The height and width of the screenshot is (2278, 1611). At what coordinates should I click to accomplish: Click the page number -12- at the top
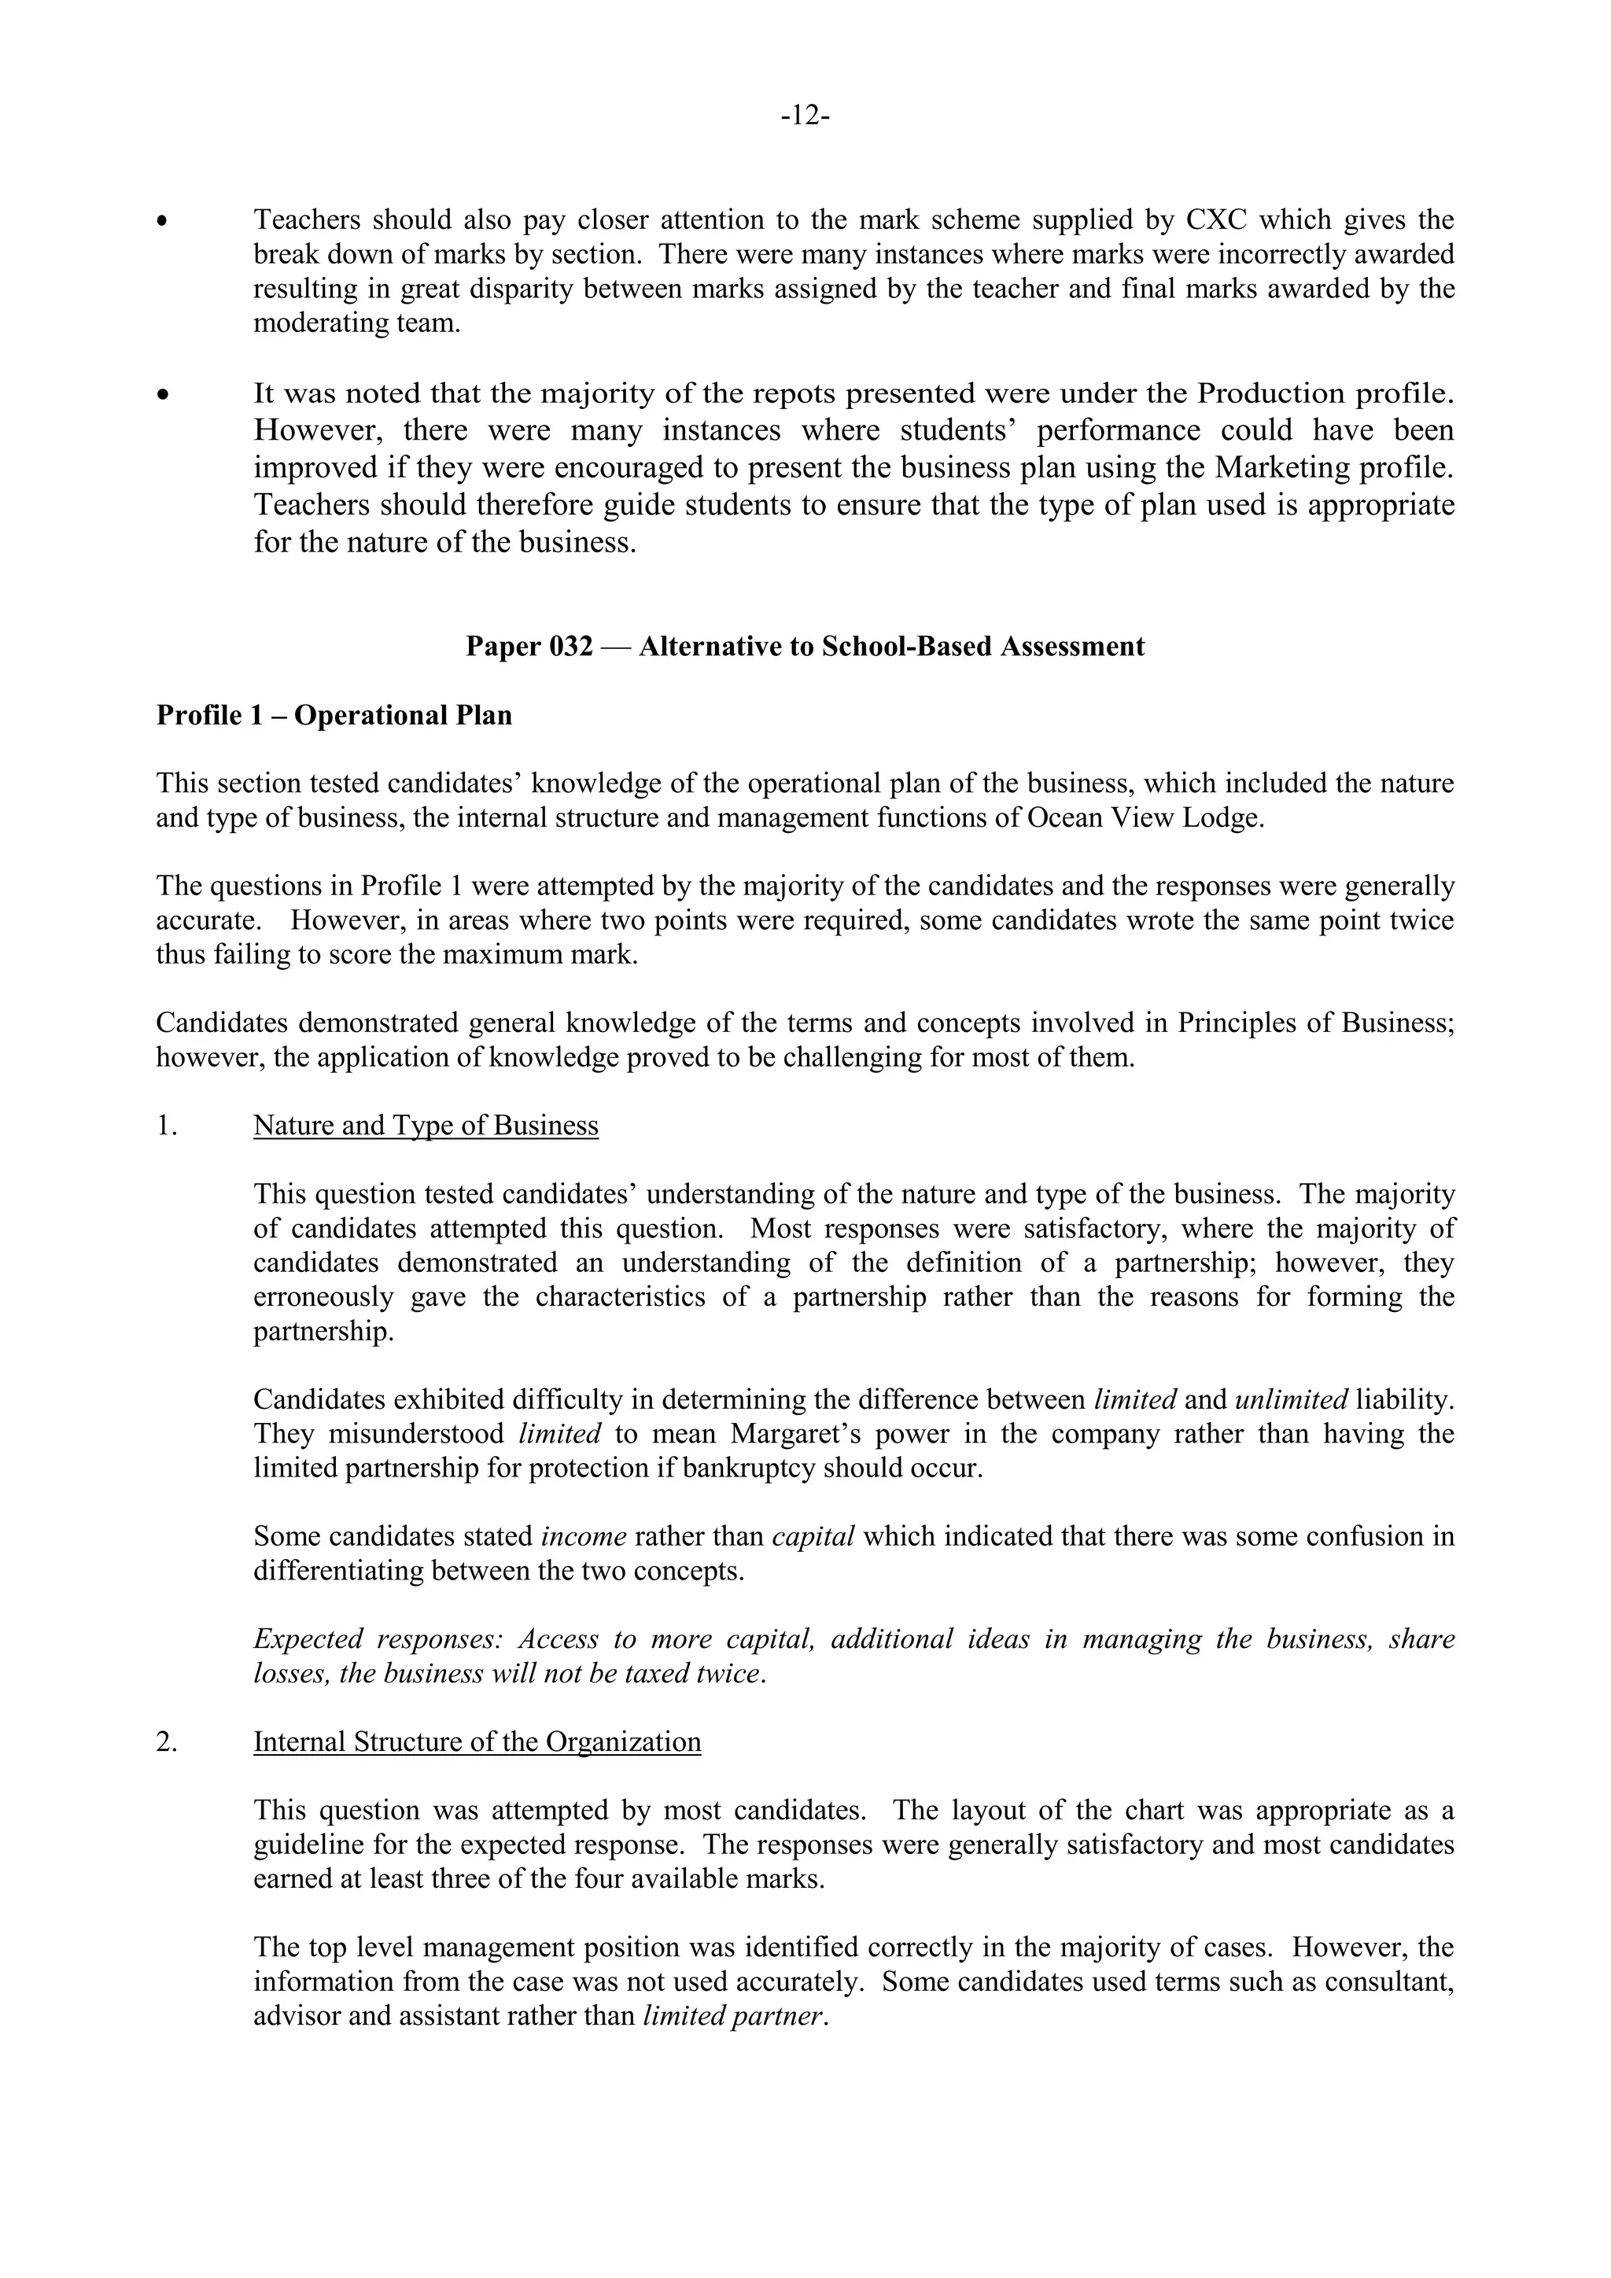click(x=805, y=116)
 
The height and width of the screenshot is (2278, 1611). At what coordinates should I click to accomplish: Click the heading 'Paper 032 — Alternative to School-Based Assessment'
click(x=805, y=647)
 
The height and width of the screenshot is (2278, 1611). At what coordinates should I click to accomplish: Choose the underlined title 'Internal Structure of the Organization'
click(x=477, y=1742)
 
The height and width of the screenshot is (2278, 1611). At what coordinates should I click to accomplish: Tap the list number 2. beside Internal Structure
click(x=167, y=1742)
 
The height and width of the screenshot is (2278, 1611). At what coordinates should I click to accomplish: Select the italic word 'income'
click(x=584, y=1537)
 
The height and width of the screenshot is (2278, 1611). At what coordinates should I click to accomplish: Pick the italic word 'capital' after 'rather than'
click(x=813, y=1537)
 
